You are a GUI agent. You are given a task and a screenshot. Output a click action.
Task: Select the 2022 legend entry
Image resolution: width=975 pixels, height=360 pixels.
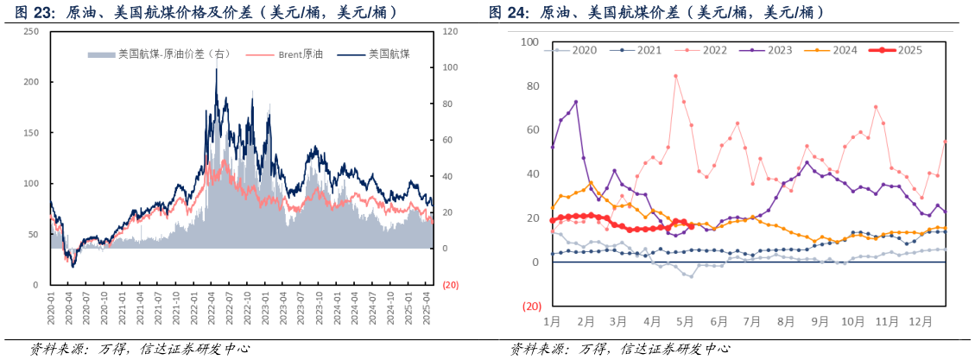coord(705,50)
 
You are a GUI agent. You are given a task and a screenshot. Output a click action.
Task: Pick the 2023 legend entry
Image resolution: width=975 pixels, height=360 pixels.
coord(768,50)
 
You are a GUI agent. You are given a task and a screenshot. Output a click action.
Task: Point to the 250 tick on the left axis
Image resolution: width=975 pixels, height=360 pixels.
coord(31,31)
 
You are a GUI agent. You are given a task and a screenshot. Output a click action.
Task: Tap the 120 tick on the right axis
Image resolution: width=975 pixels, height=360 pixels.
coord(449,31)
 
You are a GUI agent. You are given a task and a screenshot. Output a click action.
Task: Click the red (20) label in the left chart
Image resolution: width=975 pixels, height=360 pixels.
coord(450,286)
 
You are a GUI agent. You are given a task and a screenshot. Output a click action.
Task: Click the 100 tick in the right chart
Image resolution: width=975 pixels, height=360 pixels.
coord(529,42)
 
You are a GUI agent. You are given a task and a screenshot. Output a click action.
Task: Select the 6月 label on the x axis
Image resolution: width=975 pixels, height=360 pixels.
coord(719,321)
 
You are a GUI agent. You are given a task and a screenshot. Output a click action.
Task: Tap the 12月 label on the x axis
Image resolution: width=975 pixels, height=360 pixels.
coord(921,321)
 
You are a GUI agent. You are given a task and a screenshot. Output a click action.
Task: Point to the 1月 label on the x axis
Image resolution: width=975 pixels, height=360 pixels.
coord(553,321)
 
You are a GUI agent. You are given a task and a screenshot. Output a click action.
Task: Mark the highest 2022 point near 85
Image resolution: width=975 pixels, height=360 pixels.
coord(675,76)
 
